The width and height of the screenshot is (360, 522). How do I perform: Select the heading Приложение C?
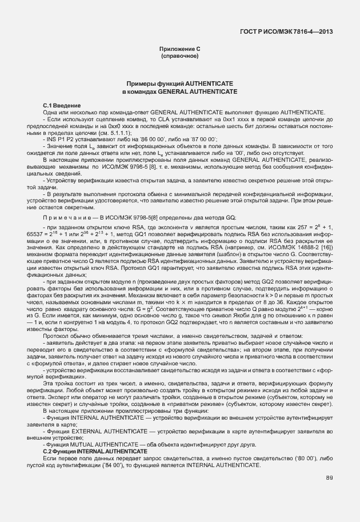tap(179, 50)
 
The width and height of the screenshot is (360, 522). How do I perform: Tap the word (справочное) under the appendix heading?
tap(179, 57)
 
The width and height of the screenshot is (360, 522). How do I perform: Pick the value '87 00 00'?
tap(167, 139)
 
